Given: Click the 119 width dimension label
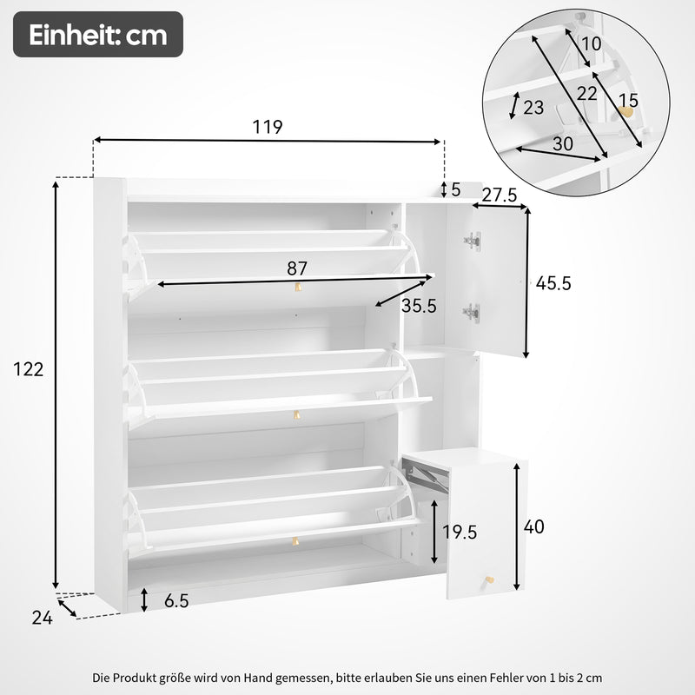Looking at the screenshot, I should click(x=268, y=127).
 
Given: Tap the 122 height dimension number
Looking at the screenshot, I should click(x=29, y=369).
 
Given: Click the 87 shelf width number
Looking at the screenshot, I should click(x=297, y=268).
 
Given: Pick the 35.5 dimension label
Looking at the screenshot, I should click(x=419, y=306).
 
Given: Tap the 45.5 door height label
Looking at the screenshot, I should click(x=553, y=283).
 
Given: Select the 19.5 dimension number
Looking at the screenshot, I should click(x=460, y=533).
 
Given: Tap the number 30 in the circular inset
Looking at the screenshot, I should click(x=562, y=145).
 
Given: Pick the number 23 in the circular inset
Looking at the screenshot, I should click(x=533, y=107).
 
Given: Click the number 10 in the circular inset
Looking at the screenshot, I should click(x=592, y=43).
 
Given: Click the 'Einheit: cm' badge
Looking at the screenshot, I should click(x=98, y=36).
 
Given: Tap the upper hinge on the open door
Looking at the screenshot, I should click(x=472, y=241).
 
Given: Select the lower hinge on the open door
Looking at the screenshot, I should click(x=472, y=311).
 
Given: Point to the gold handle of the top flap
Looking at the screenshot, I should click(x=298, y=287).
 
